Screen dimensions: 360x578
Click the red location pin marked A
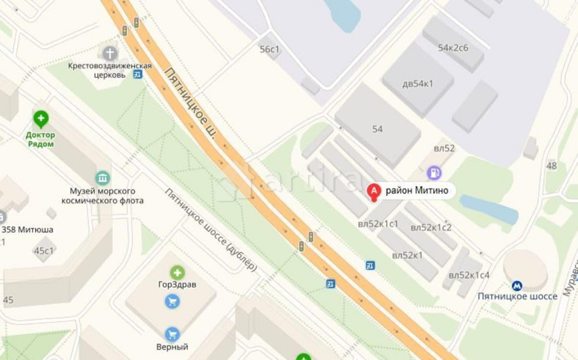coord(374,191)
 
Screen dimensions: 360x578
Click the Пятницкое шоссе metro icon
coord(517,285)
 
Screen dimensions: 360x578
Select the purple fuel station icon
coord(433,172)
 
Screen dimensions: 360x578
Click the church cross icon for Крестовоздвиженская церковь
coord(110,54)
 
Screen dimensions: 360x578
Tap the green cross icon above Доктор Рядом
coord(40,120)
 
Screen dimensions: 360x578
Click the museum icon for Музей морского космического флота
coord(102,177)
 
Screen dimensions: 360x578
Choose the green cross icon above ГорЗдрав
coord(177,272)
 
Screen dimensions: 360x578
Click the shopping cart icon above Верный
coord(172,334)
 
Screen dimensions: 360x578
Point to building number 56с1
coord(269,49)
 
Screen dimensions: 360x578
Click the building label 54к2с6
coord(453,47)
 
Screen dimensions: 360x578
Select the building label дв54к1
coord(417,83)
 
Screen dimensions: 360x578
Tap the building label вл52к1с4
coord(469,274)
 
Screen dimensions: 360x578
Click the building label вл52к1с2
coord(431,227)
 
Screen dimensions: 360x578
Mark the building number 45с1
coord(44,250)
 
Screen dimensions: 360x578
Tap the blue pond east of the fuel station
coord(489,209)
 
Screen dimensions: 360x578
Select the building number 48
coord(551,166)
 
